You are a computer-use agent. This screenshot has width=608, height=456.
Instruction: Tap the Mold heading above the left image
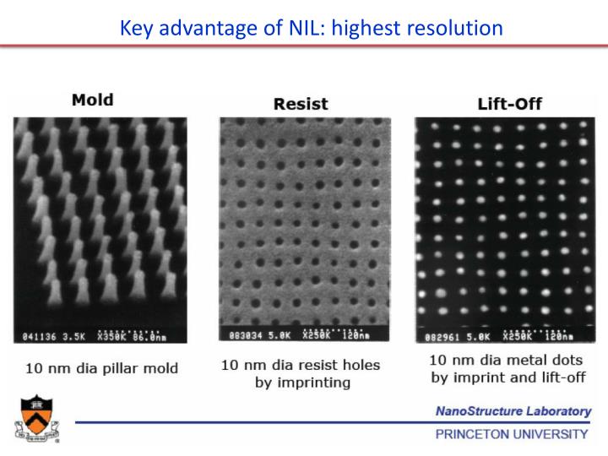(x=93, y=100)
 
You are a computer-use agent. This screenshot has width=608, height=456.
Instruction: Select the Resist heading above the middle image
(x=301, y=104)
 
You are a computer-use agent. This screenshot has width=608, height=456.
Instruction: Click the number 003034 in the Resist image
(x=241, y=335)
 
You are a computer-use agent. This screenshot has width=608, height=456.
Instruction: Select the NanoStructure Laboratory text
(x=513, y=411)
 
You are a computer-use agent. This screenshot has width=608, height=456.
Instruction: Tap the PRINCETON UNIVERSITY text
(x=513, y=434)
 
